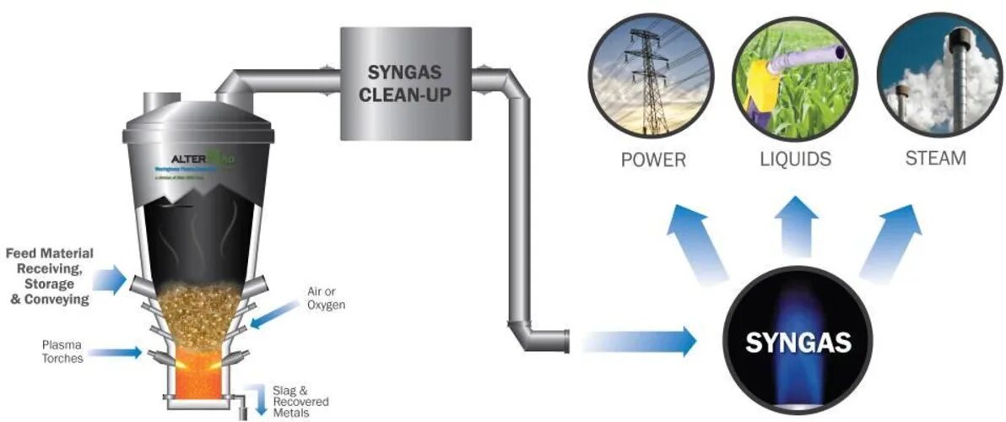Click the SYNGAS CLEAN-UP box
click(405, 82)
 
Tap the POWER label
click(653, 159)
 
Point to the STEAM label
click(935, 159)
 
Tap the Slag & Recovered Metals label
click(300, 401)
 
